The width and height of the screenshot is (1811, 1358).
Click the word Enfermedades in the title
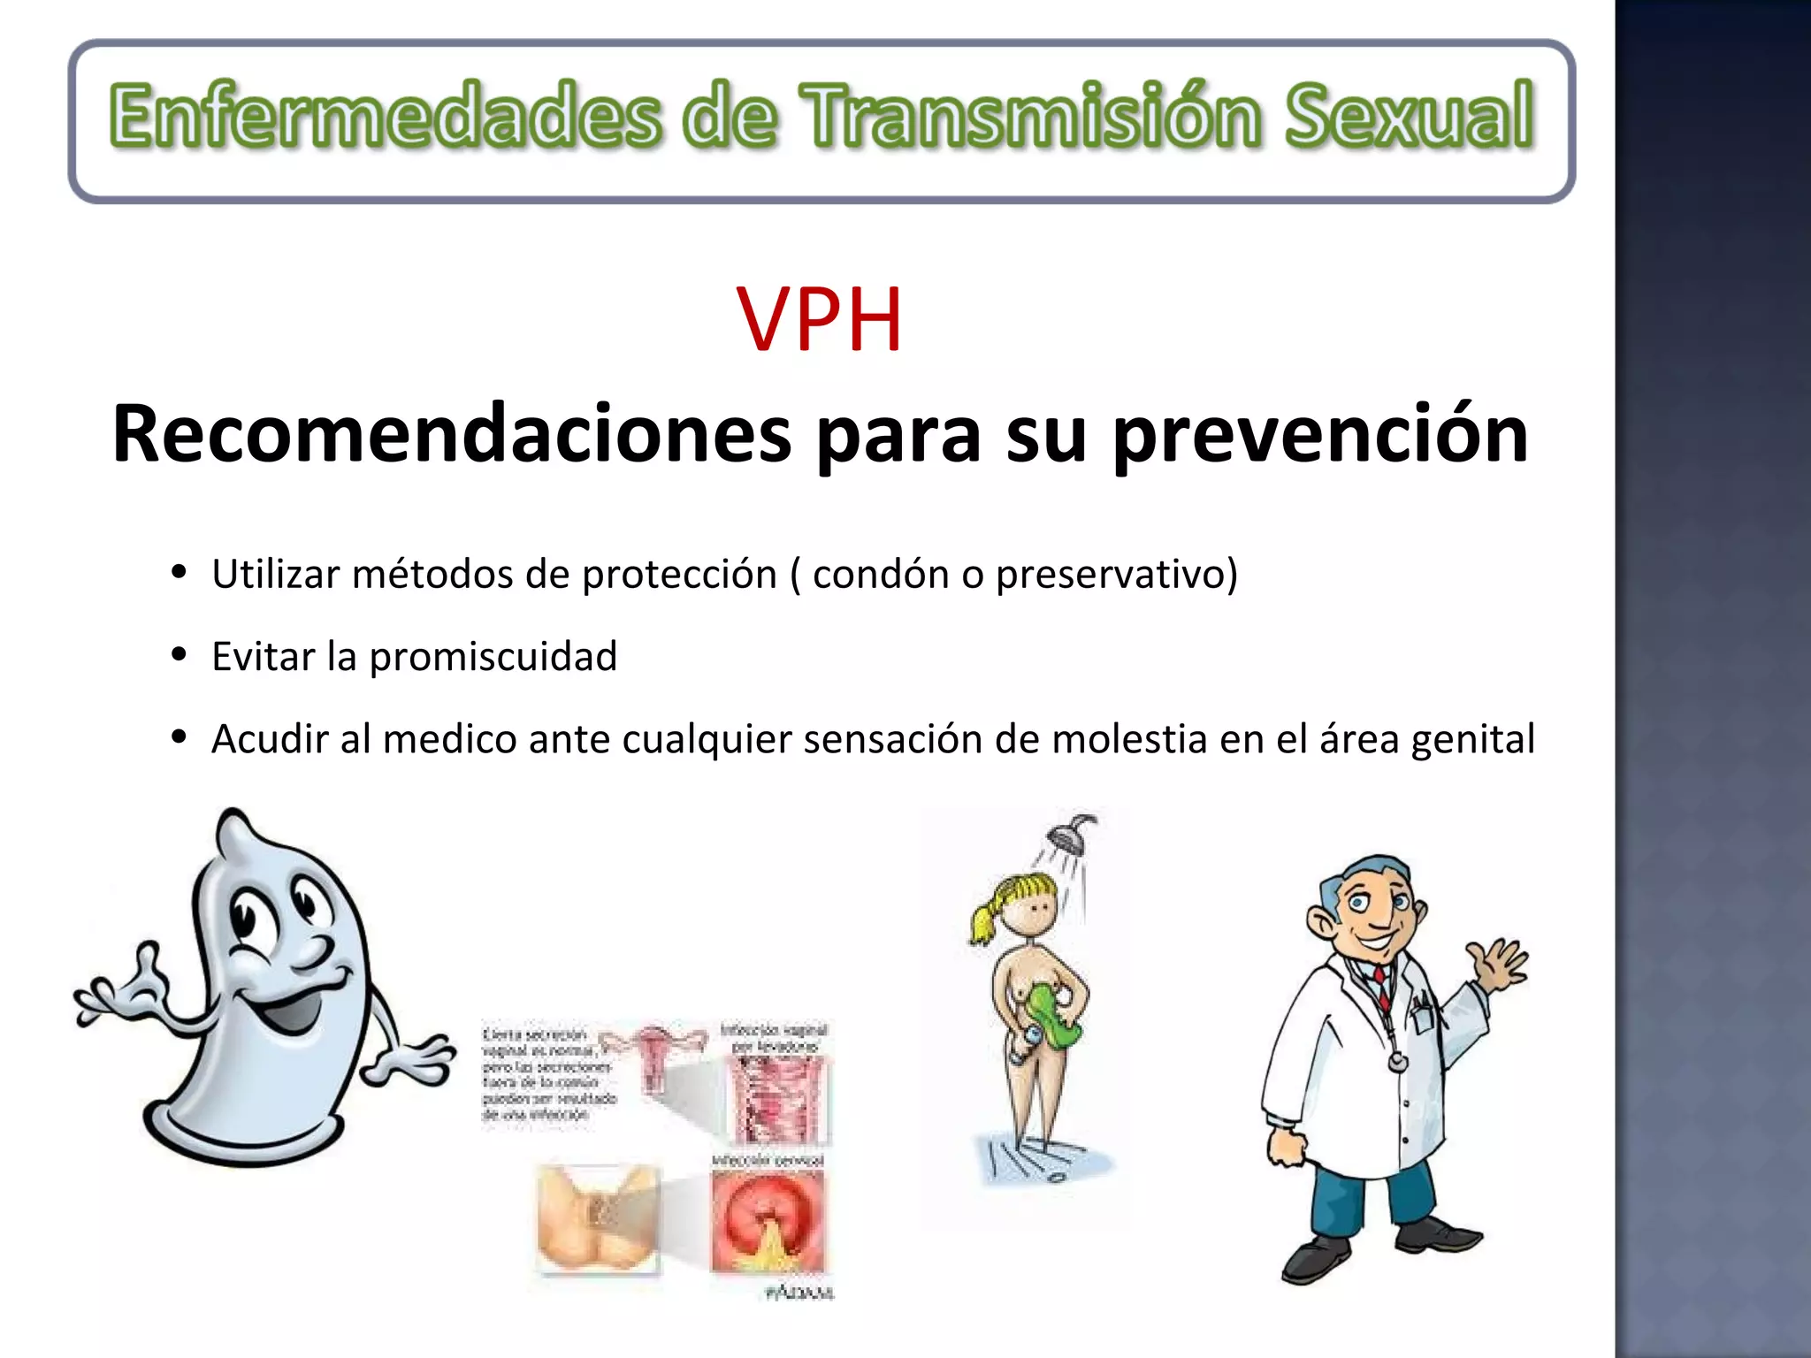[x=386, y=116]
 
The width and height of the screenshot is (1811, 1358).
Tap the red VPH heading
[x=819, y=320]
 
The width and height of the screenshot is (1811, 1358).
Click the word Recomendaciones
[x=451, y=434]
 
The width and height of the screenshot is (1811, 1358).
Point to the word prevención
[x=1320, y=436]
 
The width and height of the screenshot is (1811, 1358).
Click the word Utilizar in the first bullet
[x=275, y=574]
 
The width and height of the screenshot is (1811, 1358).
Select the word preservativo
[x=1116, y=575]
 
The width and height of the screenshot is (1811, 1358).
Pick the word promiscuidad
[x=493, y=657]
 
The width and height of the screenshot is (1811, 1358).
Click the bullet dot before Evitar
[x=180, y=655]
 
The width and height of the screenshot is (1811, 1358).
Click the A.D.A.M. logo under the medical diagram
[x=799, y=1293]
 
